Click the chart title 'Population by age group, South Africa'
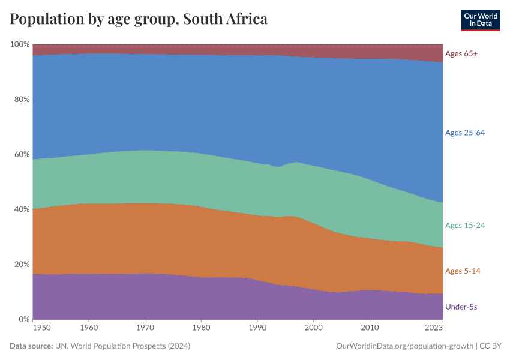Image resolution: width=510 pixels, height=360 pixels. click(139, 19)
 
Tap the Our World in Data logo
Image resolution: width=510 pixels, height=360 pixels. click(480, 20)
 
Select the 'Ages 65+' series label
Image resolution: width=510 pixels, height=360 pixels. click(461, 54)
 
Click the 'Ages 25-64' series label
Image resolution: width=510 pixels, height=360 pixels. click(464, 133)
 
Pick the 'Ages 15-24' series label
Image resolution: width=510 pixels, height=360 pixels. click(464, 226)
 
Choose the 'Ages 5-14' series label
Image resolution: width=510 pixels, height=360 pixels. click(463, 271)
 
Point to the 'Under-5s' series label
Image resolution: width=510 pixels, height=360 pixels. click(461, 307)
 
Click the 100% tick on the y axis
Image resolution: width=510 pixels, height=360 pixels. click(20, 44)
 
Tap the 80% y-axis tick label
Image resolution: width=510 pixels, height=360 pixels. click(22, 100)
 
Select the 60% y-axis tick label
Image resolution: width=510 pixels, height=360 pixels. click(22, 154)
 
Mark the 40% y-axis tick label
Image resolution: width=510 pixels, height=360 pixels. click(22, 209)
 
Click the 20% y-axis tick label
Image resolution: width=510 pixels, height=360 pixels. click(22, 265)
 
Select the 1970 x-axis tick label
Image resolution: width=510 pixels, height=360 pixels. click(145, 328)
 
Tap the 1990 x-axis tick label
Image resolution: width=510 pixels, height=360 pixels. click(257, 328)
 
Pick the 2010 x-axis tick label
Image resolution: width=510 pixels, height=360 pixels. click(370, 328)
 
